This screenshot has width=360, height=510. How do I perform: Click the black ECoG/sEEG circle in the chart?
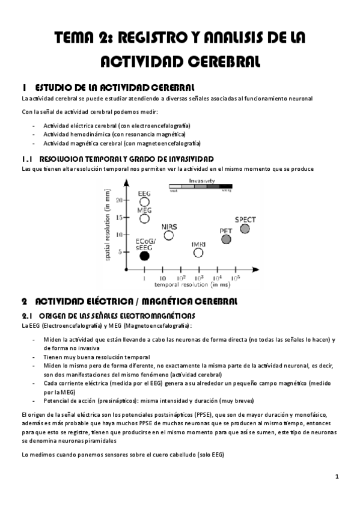pyautogui.click(x=144, y=256)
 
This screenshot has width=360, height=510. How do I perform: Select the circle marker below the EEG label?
pyautogui.click(x=144, y=202)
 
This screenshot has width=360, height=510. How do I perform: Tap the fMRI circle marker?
pyautogui.click(x=198, y=253)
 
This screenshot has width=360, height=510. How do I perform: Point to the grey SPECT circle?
pyautogui.click(x=245, y=229)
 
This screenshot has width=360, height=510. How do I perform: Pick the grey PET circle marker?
pyautogui.click(x=226, y=239)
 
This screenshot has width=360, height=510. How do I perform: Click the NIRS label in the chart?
pyautogui.click(x=169, y=226)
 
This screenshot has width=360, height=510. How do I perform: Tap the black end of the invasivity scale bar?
pyautogui.click(x=226, y=186)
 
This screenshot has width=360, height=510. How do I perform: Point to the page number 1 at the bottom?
pyautogui.click(x=338, y=476)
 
